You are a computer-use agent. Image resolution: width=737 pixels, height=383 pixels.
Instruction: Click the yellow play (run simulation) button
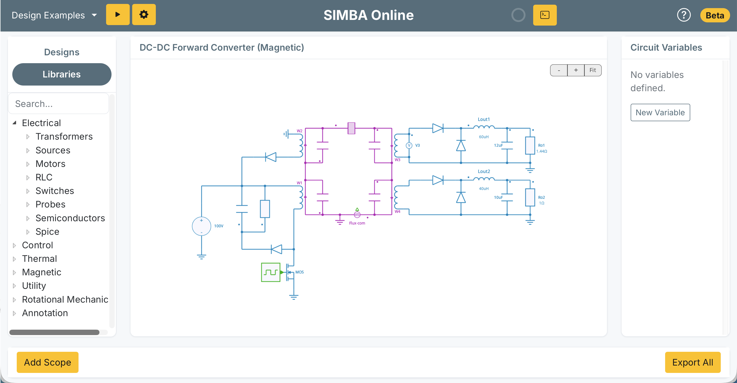pos(118,15)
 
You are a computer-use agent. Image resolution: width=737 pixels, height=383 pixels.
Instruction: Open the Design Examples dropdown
pos(54,15)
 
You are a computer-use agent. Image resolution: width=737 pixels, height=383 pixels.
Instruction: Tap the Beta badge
pos(714,15)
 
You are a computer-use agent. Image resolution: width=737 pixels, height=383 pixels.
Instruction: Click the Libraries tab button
pos(62,74)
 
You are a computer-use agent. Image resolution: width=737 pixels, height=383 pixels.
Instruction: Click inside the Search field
pos(59,104)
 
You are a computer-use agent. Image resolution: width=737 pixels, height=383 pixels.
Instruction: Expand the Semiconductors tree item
pos(70,218)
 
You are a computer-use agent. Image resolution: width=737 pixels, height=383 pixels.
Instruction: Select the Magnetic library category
pos(42,272)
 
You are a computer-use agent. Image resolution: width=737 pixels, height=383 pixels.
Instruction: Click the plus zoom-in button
pos(576,70)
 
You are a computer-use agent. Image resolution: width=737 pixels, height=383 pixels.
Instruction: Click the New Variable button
pos(660,113)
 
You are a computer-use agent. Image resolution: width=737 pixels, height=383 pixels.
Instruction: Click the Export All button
pos(692,362)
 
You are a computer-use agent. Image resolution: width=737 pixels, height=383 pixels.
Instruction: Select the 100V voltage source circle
pos(201,226)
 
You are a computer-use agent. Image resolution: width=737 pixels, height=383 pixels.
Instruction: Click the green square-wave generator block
pos(270,272)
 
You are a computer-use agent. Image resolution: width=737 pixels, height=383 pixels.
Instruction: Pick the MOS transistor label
pos(299,272)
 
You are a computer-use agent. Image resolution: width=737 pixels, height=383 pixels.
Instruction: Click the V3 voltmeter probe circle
pos(409,146)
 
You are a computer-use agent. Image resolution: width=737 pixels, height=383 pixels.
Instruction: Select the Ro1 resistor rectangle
pos(530,146)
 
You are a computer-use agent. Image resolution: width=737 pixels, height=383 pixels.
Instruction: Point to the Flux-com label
pos(357,223)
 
